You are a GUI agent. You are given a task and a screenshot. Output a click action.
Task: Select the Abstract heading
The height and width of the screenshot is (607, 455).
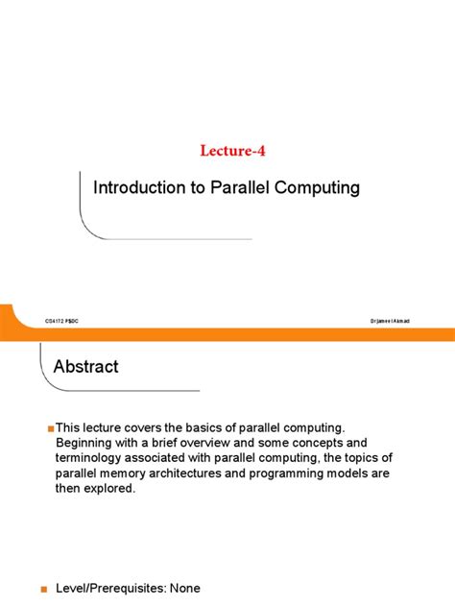[86, 367]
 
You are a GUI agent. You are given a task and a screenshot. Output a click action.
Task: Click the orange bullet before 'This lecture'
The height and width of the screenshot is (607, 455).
[50, 427]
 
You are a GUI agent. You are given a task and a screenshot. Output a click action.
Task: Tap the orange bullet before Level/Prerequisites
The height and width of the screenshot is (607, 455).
[43, 589]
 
